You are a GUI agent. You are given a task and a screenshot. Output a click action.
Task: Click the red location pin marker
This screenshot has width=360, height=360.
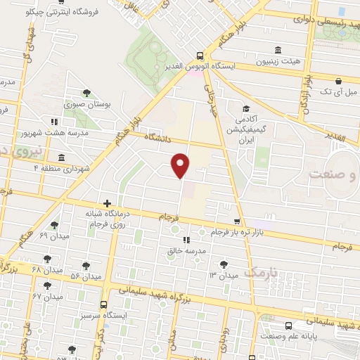pyautogui.click(x=181, y=165)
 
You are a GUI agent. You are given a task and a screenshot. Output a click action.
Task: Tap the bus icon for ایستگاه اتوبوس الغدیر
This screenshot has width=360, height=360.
pyautogui.click(x=201, y=56)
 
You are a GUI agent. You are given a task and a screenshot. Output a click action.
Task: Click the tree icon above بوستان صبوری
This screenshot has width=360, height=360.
pyautogui.click(x=86, y=92)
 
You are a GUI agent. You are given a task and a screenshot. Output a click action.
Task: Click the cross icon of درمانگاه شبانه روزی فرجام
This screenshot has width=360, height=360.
pyautogui.click(x=107, y=202)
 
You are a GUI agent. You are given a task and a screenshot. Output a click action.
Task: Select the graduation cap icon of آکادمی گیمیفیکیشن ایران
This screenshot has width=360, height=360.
pyautogui.click(x=247, y=109)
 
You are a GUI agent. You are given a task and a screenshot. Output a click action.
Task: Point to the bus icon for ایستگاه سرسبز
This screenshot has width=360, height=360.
pyautogui.click(x=104, y=304)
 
